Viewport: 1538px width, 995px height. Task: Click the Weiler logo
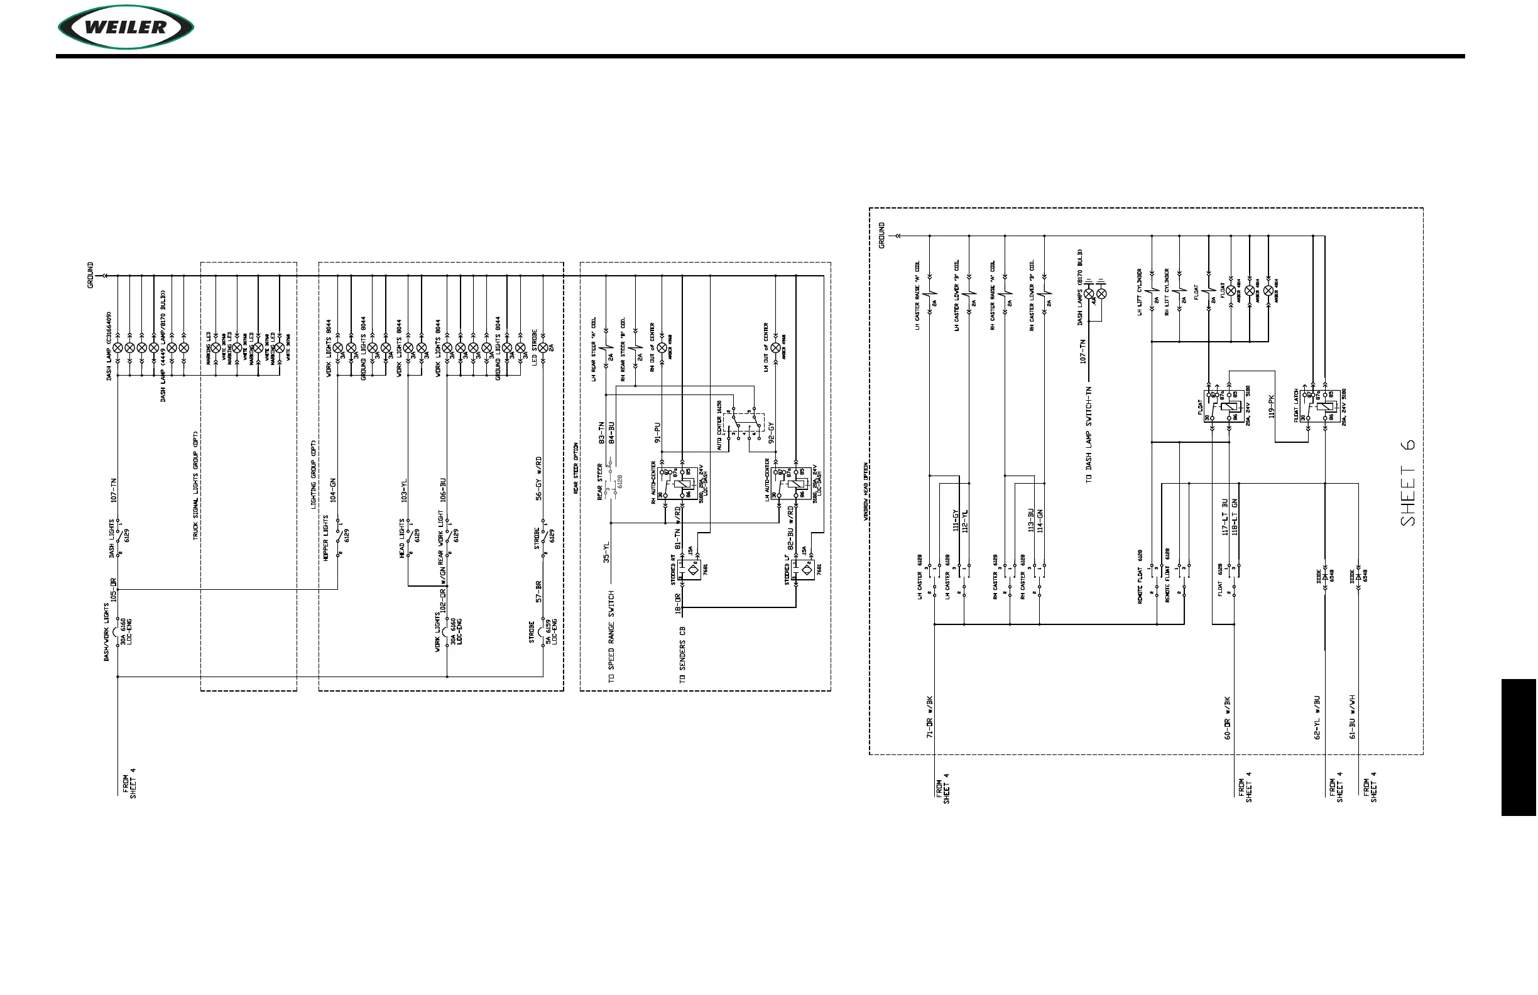click(126, 27)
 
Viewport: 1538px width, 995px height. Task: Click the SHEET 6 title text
click(1408, 482)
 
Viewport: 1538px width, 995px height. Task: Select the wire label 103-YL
click(405, 491)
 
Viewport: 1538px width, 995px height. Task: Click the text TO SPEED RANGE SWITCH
click(611, 637)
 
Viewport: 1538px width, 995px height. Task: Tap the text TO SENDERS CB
click(682, 655)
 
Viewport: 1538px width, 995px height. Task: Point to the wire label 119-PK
click(1271, 406)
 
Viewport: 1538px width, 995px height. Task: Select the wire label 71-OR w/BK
click(930, 717)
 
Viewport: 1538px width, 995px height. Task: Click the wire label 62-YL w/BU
click(1317, 717)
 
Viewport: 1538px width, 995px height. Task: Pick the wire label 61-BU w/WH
click(1352, 717)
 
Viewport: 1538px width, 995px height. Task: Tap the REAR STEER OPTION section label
click(575, 469)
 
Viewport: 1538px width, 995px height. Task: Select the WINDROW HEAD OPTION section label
click(865, 492)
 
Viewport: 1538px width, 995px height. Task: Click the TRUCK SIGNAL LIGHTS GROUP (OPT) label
click(196, 485)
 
